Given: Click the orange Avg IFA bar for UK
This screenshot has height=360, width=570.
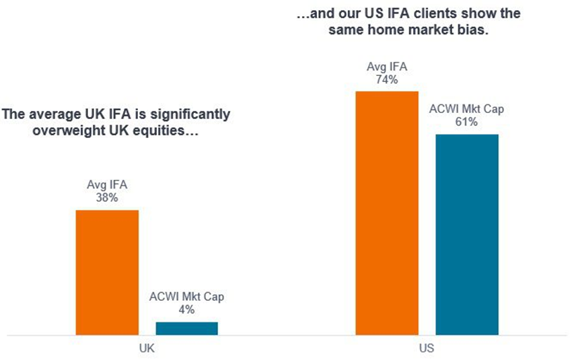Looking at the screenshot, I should pyautogui.click(x=107, y=272).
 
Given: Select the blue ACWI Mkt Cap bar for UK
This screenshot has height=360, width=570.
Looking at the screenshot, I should pyautogui.click(x=186, y=328).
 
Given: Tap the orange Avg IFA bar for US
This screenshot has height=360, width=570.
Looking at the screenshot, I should pyautogui.click(x=387, y=212).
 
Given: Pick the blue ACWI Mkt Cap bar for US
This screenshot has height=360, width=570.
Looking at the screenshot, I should pyautogui.click(x=466, y=233).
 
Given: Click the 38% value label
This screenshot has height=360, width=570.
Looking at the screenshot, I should pyautogui.click(x=106, y=199).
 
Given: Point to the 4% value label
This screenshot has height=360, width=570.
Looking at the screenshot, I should pyautogui.click(x=186, y=310).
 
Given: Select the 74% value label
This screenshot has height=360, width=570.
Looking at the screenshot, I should pyautogui.click(x=387, y=79).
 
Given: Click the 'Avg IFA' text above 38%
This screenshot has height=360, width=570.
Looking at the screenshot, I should pyautogui.click(x=106, y=186).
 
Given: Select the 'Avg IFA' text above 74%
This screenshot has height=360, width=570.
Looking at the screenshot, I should pyautogui.click(x=387, y=67).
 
